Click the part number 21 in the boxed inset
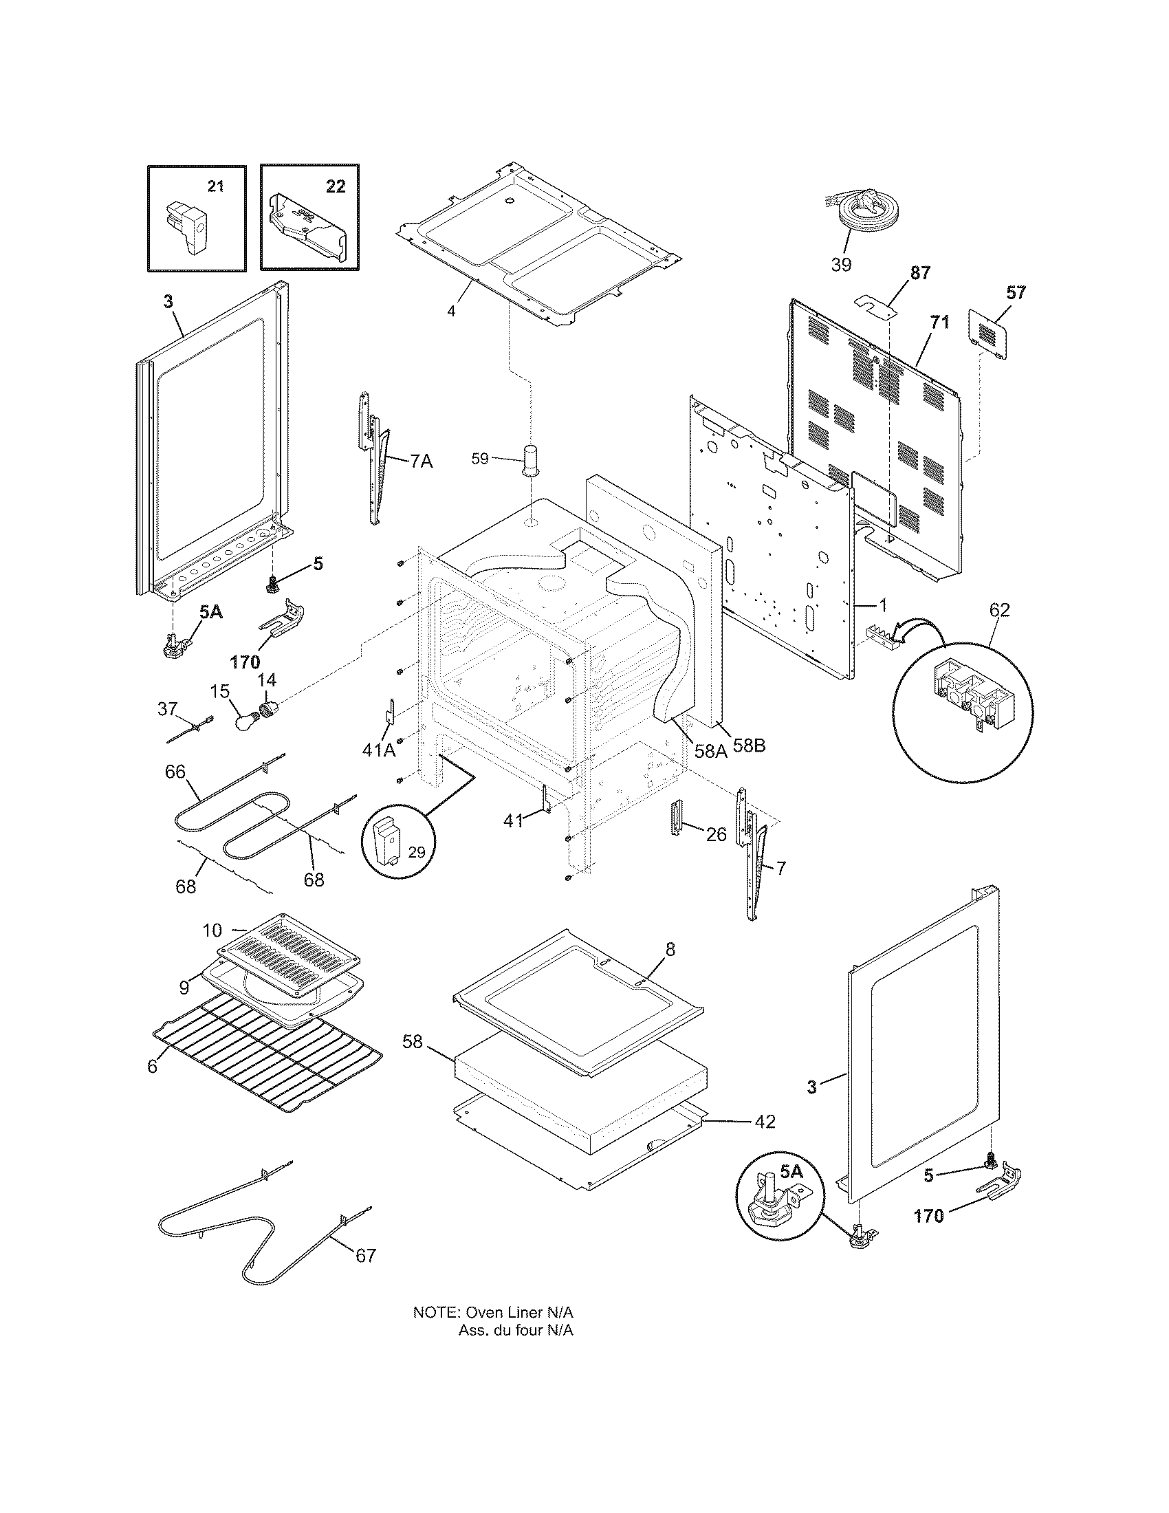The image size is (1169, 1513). (x=216, y=186)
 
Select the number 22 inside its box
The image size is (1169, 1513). (x=335, y=186)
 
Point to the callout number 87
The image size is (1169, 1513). (x=919, y=273)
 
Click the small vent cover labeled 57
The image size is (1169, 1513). (x=989, y=335)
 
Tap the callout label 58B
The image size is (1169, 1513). (x=750, y=747)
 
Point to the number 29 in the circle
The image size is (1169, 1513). (x=416, y=853)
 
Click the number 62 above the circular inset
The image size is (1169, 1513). (x=998, y=609)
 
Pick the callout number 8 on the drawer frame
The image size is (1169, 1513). (x=670, y=949)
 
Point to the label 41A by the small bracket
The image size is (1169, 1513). (x=379, y=750)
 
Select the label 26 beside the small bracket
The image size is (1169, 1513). (x=716, y=835)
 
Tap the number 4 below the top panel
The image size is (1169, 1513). (x=451, y=311)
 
